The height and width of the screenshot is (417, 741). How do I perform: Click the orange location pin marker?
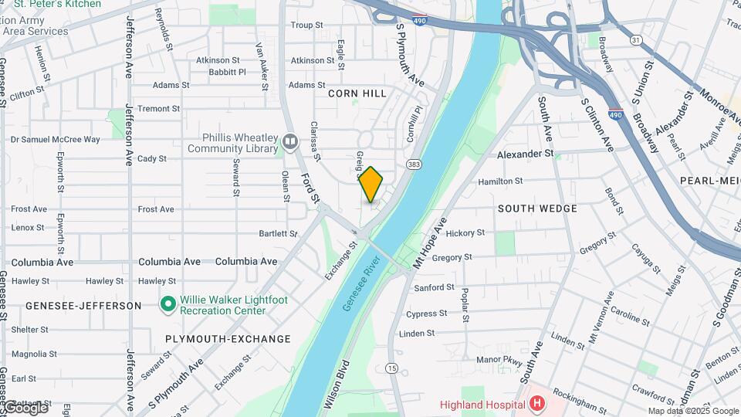pyautogui.click(x=371, y=184)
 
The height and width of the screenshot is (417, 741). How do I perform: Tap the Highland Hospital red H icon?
pyautogui.click(x=537, y=404)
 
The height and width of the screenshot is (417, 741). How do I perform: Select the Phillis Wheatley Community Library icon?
pyautogui.click(x=290, y=141)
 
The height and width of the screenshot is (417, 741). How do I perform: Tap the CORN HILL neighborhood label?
pyautogui.click(x=357, y=93)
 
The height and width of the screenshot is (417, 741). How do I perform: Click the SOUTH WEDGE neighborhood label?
pyautogui.click(x=537, y=208)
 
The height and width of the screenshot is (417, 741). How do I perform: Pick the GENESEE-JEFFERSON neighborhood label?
pyautogui.click(x=83, y=306)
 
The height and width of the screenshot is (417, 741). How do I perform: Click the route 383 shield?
pyautogui.click(x=414, y=164)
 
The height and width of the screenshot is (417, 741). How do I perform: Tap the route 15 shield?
pyautogui.click(x=392, y=368)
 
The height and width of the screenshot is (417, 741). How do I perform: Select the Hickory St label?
pyautogui.click(x=465, y=232)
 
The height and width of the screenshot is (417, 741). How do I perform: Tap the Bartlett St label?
pyautogui.click(x=279, y=233)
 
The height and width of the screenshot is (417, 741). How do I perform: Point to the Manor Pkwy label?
pyautogui.click(x=499, y=360)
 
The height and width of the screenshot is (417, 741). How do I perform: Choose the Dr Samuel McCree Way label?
pyautogui.click(x=55, y=140)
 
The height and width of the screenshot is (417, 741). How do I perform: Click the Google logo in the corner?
pyautogui.click(x=25, y=407)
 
